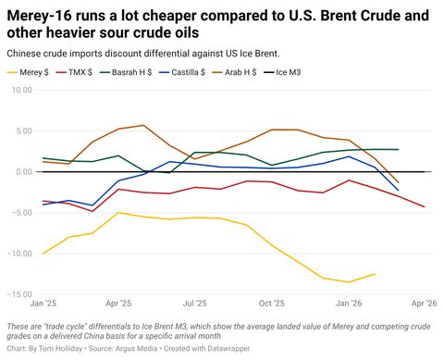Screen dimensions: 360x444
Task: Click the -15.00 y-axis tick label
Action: coord(18,294)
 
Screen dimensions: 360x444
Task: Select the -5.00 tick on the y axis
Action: coord(19,212)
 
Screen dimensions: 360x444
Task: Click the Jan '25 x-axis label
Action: coord(43,304)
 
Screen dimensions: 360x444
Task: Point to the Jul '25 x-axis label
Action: coord(194,304)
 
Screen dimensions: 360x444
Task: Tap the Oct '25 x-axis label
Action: coord(271,304)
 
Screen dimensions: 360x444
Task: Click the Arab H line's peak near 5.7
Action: coord(143,125)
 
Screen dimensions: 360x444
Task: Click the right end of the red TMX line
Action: coord(424,207)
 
